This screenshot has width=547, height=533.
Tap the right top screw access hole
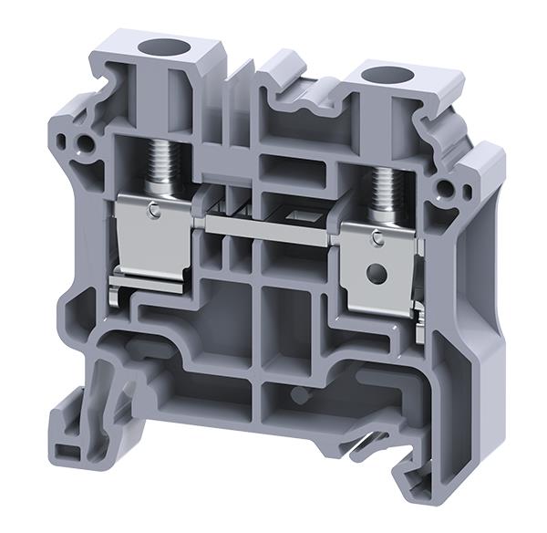pyautogui.click(x=378, y=76)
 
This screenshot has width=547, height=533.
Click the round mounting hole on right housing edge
pyautogui.click(x=444, y=189)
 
